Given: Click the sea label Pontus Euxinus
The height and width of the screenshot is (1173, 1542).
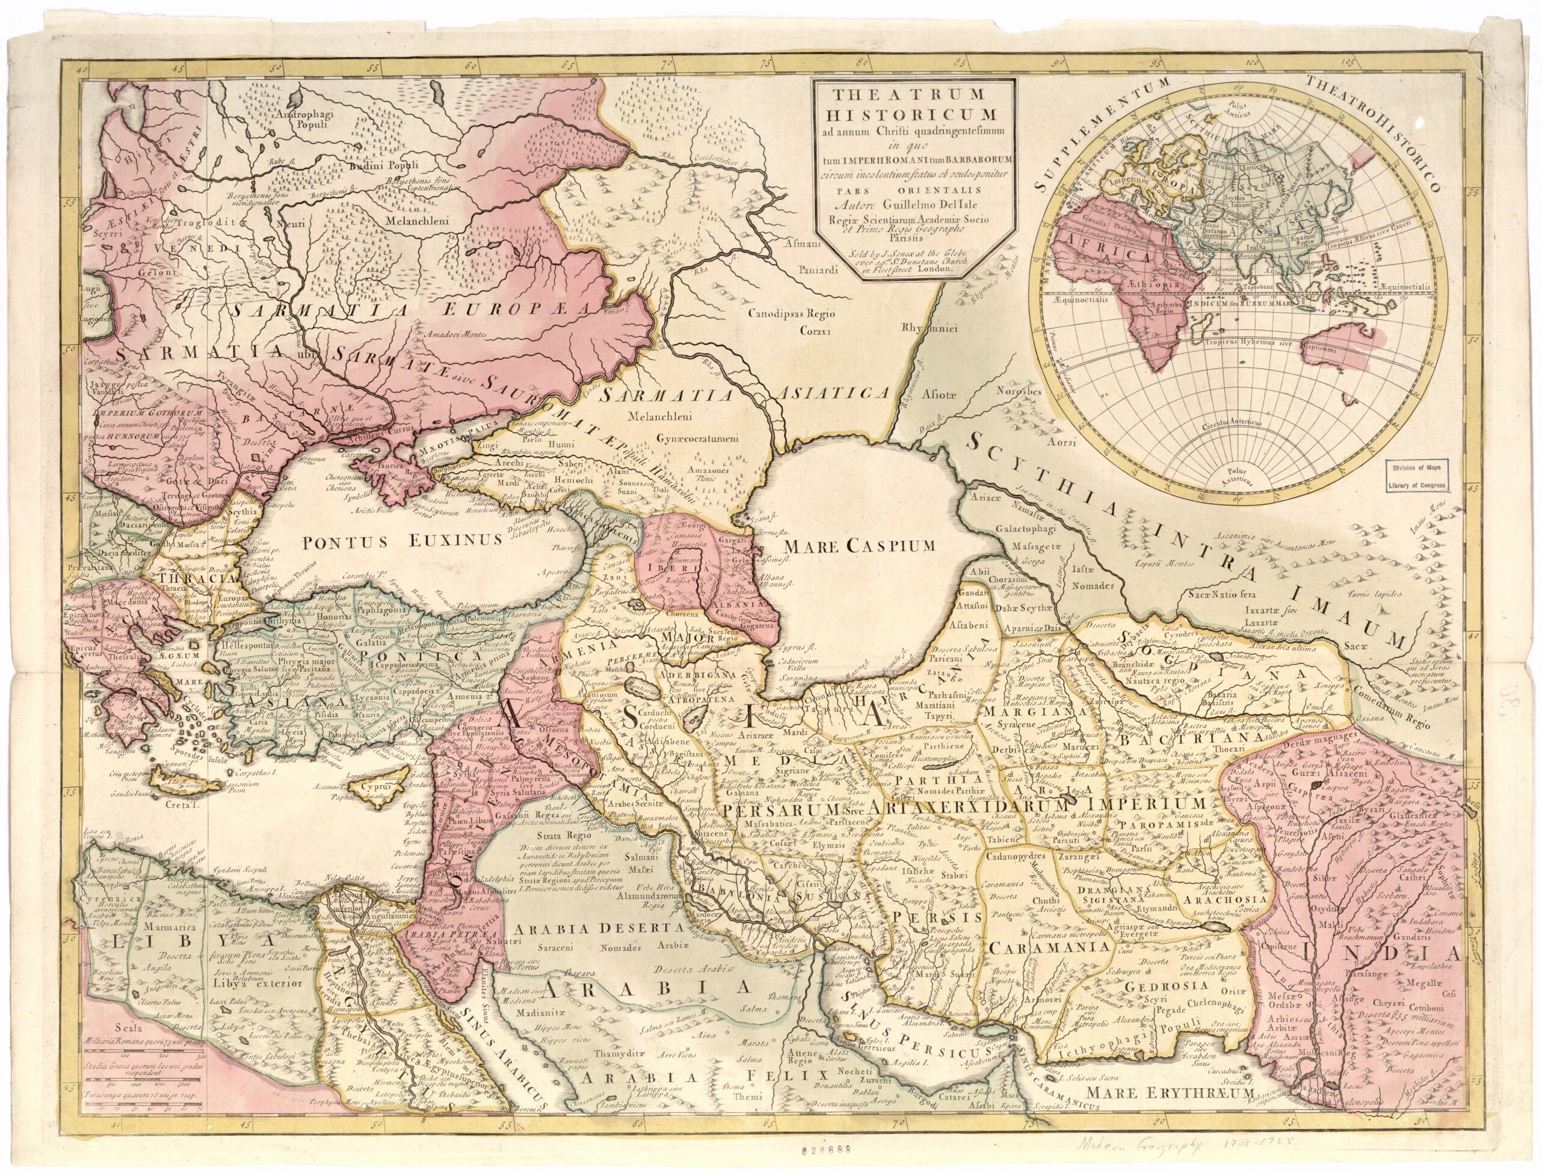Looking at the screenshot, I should click(402, 539).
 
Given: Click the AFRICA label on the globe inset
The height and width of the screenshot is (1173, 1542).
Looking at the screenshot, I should click(1097, 256).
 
